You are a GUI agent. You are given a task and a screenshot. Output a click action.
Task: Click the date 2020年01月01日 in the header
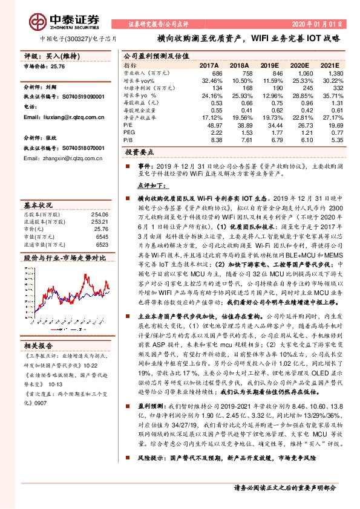coord(321,24)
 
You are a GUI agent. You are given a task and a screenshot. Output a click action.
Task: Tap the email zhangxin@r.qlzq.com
coord(64,158)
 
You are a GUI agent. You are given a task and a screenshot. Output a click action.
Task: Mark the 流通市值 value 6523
coord(102,245)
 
